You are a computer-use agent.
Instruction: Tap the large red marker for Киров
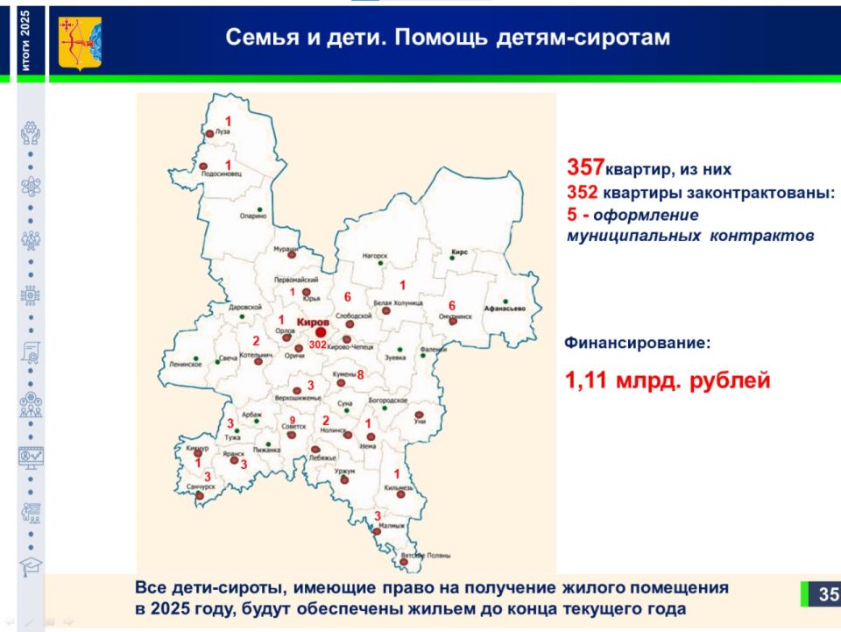321,332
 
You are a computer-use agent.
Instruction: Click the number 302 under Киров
317,345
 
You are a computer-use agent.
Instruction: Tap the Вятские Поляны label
424,557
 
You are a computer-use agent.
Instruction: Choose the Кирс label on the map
459,252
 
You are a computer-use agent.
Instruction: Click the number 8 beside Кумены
359,375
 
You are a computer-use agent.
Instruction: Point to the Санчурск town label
201,486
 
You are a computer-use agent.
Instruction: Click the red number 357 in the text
585,167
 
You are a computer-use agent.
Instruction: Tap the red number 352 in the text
583,193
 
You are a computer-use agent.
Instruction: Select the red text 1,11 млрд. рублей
668,381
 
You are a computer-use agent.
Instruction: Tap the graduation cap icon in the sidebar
31,565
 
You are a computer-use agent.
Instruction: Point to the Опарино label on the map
252,216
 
